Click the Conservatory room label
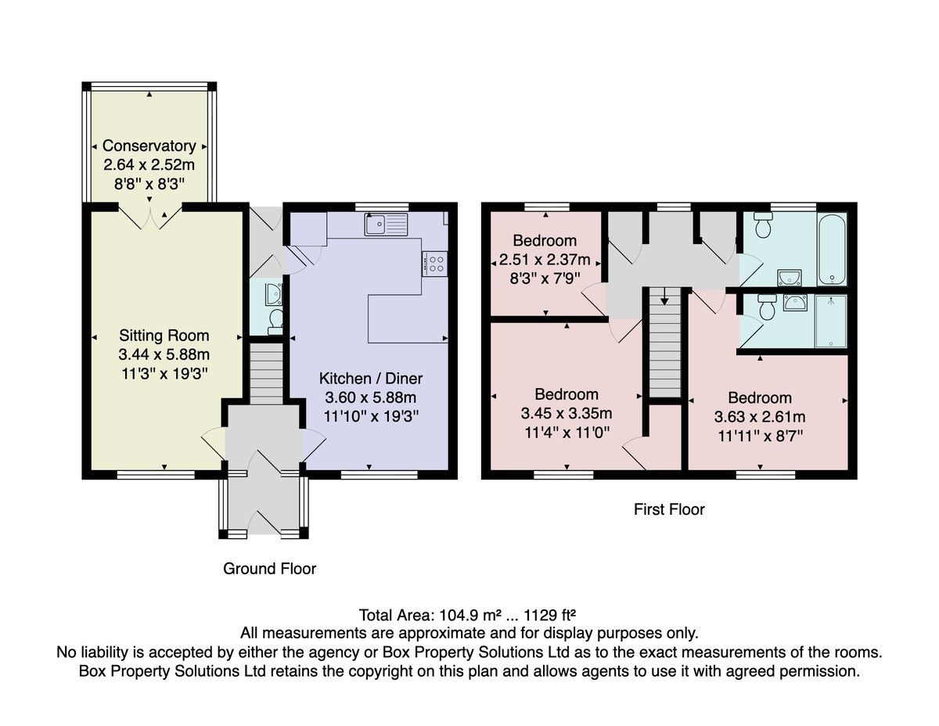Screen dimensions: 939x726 pyautogui.click(x=149, y=146)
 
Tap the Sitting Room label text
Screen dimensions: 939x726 pyautogui.click(x=164, y=336)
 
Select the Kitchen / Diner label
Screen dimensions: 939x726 pyautogui.click(x=371, y=379)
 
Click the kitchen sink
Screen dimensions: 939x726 pyautogui.click(x=386, y=225)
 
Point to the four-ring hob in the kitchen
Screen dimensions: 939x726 pyautogui.click(x=435, y=264)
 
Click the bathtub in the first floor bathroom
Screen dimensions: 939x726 pyautogui.click(x=832, y=250)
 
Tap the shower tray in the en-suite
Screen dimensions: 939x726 pyautogui.click(x=830, y=322)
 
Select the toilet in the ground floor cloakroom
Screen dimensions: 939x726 pyautogui.click(x=275, y=322)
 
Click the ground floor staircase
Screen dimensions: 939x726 pyautogui.click(x=267, y=374)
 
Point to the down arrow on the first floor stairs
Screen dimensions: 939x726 pyautogui.click(x=664, y=296)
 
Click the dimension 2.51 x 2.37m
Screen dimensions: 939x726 pyautogui.click(x=545, y=260)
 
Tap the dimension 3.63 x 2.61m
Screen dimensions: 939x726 pyautogui.click(x=760, y=417)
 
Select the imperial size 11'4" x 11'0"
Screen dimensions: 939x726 pyautogui.click(x=567, y=433)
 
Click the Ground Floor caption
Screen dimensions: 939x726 pyautogui.click(x=269, y=569)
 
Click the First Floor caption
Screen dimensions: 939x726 pyautogui.click(x=669, y=509)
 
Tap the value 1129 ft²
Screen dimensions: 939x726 pyautogui.click(x=549, y=615)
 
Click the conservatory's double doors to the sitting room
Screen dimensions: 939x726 pyautogui.click(x=150, y=219)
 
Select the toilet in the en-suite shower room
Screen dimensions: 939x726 pyautogui.click(x=768, y=307)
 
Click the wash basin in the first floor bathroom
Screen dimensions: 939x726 pyautogui.click(x=790, y=278)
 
